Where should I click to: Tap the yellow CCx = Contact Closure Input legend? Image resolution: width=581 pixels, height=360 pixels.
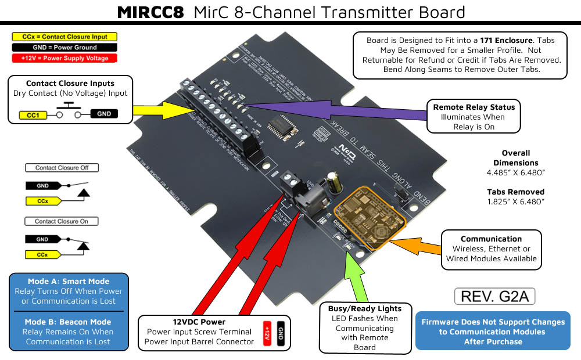pyautogui.click(x=64, y=37)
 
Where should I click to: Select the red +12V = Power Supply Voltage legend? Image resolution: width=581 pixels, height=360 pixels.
pyautogui.click(x=64, y=58)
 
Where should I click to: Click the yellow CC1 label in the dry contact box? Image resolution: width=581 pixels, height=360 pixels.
pyautogui.click(x=34, y=114)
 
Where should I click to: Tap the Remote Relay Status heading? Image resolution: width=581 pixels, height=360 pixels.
pyautogui.click(x=474, y=107)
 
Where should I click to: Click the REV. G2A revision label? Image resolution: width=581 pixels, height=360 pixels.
pyautogui.click(x=494, y=297)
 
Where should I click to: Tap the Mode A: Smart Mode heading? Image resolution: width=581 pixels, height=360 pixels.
pyautogui.click(x=69, y=282)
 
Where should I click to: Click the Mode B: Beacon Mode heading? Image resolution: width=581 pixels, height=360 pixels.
pyautogui.click(x=69, y=322)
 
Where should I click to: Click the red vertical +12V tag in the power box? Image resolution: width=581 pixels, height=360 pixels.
pyautogui.click(x=268, y=334)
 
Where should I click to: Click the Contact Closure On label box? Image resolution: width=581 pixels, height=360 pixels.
pyautogui.click(x=62, y=221)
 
